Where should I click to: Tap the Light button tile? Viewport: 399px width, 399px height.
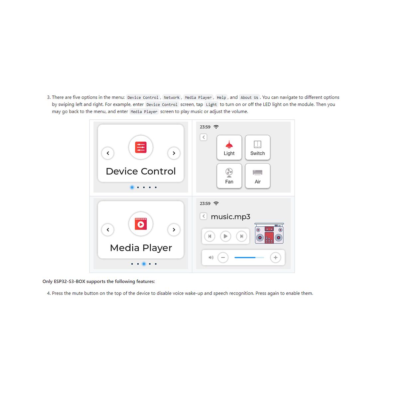229,147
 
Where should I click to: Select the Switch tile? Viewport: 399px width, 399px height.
258,147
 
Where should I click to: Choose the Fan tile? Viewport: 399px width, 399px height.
229,176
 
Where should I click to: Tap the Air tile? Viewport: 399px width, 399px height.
258,176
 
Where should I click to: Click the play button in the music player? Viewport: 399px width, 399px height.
225,236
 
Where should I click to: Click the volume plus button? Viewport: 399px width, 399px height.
275,258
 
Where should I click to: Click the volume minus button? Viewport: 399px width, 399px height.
223,258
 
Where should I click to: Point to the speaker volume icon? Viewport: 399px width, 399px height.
211,258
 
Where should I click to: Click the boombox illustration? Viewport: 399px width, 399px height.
269,233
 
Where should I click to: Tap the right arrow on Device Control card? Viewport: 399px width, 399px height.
174,153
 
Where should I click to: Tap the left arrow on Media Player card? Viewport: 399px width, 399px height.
108,230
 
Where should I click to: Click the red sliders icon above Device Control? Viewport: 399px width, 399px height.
141,147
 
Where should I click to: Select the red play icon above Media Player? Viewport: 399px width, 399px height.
141,224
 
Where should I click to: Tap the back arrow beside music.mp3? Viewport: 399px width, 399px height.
203,216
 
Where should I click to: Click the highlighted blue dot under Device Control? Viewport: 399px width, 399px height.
132,188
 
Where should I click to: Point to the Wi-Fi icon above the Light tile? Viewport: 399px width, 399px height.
216,127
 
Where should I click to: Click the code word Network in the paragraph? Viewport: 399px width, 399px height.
172,97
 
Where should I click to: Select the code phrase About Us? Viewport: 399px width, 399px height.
249,97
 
